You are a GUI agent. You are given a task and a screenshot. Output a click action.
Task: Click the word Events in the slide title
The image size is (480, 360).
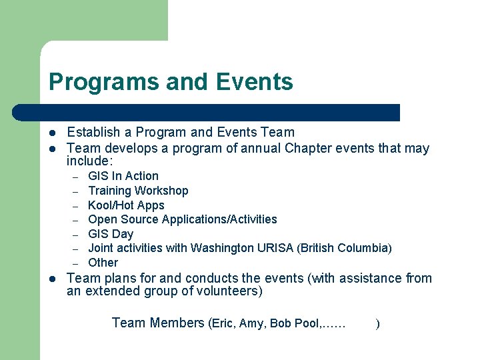click(254, 82)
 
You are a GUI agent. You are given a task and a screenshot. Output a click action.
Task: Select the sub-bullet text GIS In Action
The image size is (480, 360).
click(123, 176)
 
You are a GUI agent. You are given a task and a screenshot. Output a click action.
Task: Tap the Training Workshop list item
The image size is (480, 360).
click(138, 191)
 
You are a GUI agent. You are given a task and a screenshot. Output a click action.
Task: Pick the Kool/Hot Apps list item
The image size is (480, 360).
click(126, 205)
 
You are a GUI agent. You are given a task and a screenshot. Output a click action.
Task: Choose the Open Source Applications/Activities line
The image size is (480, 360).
click(182, 219)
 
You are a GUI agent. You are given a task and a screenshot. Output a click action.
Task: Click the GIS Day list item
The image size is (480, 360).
click(111, 234)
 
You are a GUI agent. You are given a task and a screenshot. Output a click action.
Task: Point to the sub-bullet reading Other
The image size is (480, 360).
click(103, 263)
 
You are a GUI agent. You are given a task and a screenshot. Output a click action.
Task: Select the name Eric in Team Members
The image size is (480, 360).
click(223, 323)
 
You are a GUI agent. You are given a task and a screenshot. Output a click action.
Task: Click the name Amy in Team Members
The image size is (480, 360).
click(252, 323)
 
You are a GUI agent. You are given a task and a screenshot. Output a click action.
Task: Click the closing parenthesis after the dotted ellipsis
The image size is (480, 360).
click(378, 324)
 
